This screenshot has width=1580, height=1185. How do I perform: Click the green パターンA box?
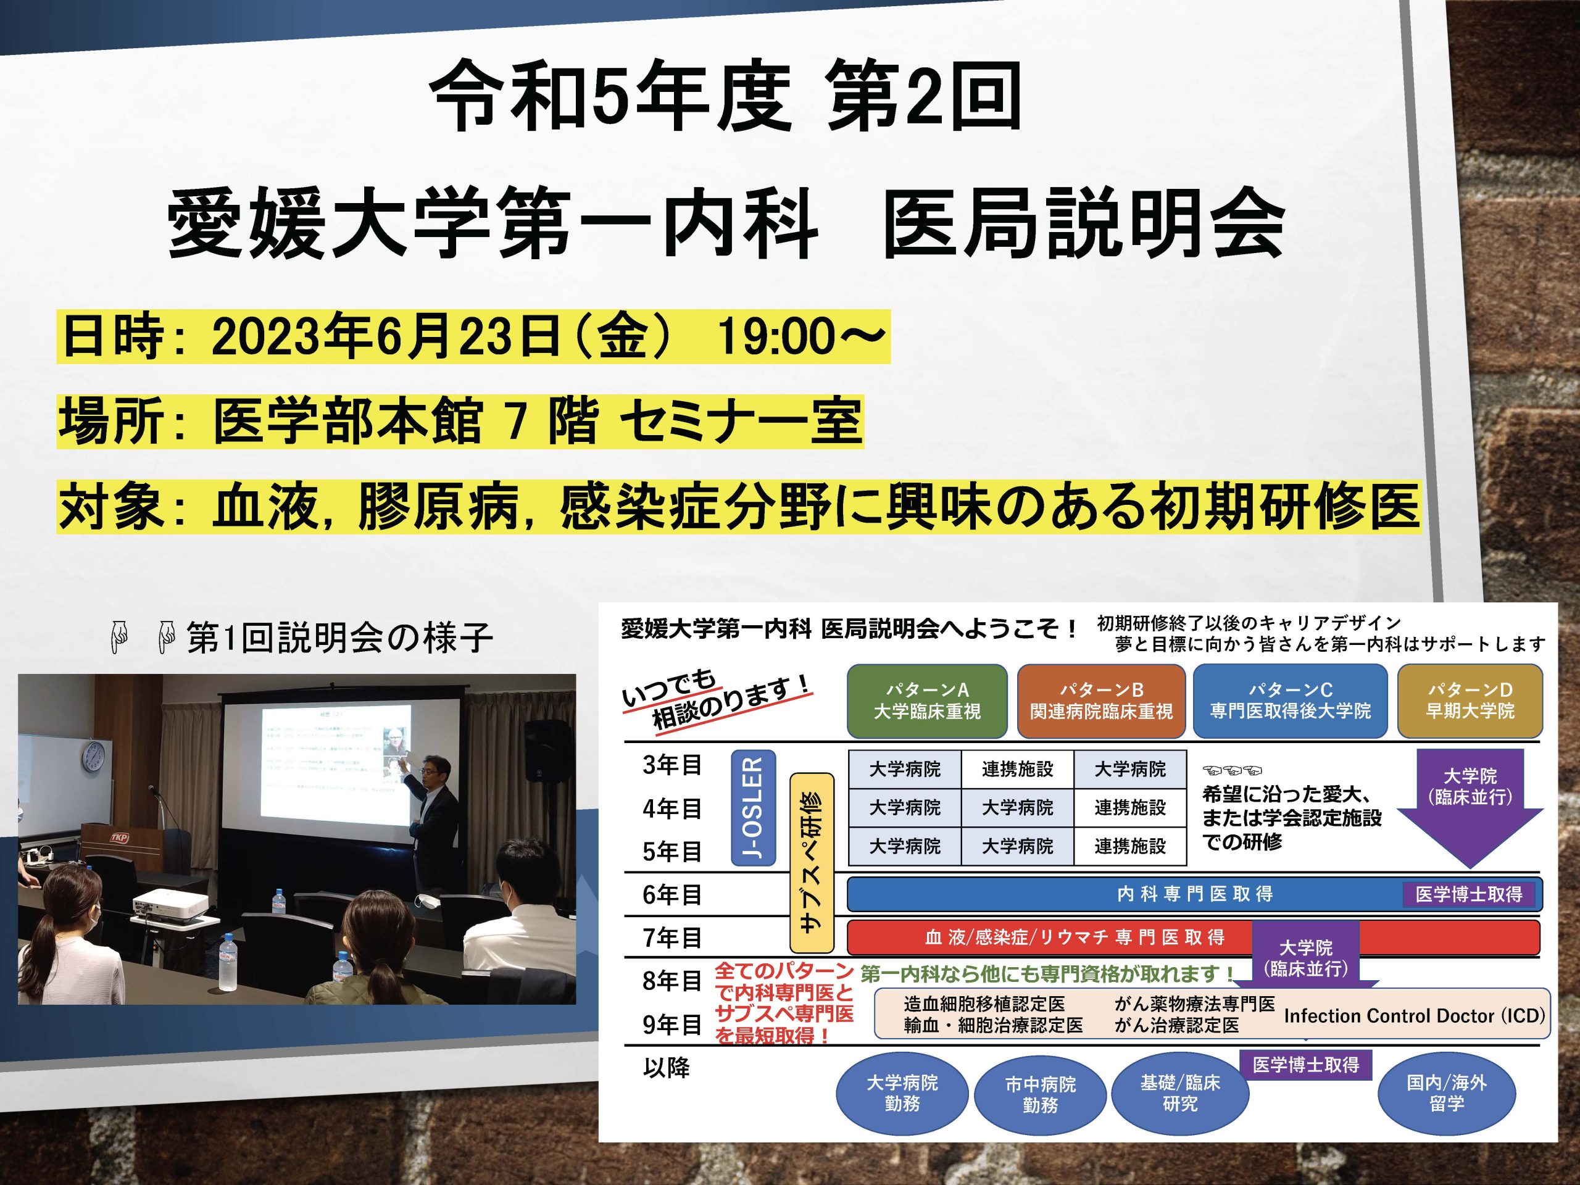pyautogui.click(x=926, y=701)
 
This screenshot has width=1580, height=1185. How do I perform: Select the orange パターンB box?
pyautogui.click(x=1100, y=701)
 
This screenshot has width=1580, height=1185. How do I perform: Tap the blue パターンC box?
pyautogui.click(x=1290, y=701)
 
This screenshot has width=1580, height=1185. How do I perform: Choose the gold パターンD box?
pyautogui.click(x=1470, y=701)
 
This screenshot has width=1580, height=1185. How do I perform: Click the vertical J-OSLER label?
pyautogui.click(x=754, y=808)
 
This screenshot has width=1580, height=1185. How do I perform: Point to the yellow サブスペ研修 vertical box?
pyautogui.click(x=812, y=862)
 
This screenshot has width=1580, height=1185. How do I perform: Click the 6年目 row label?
pyautogui.click(x=671, y=894)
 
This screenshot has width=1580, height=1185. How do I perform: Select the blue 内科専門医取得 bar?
pyautogui.click(x=1194, y=894)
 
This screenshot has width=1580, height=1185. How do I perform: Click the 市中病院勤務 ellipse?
pyautogui.click(x=1040, y=1094)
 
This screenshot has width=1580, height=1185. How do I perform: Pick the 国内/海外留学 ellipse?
pyautogui.click(x=1447, y=1093)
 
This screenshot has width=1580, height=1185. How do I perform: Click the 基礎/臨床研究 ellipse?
pyautogui.click(x=1180, y=1093)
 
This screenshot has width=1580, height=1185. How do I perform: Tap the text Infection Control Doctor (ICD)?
pyautogui.click(x=1415, y=1016)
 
